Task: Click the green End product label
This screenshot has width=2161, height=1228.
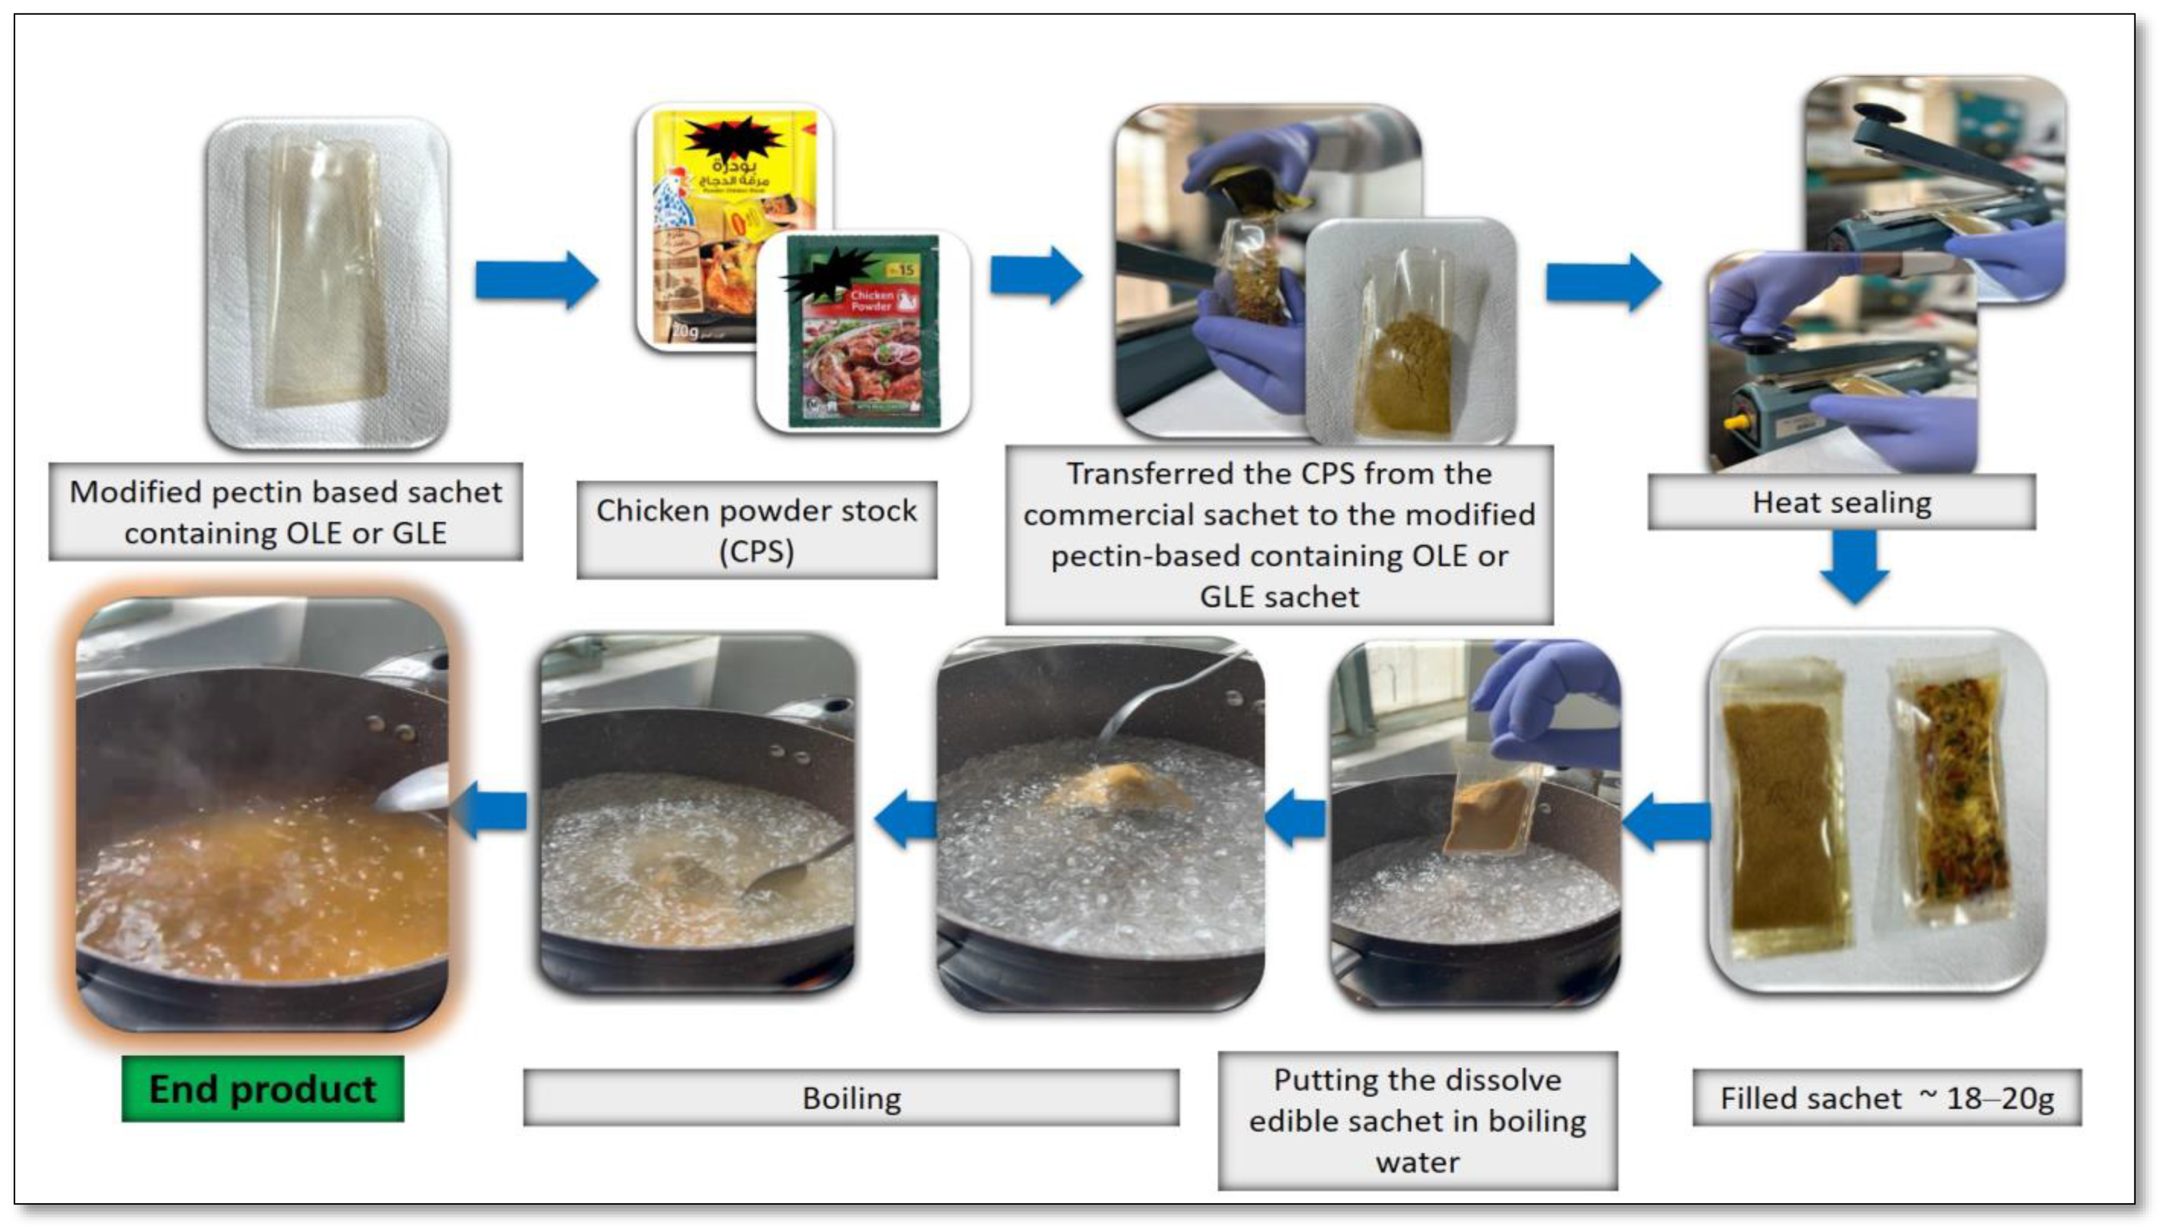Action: pos(263,1089)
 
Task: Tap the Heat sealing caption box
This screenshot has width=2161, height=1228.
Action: pos(1841,502)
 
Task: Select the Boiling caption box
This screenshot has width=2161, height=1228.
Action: pos(851,1098)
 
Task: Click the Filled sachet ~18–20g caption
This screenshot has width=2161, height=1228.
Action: pos(1887,1098)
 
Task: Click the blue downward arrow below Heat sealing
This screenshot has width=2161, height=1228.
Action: pos(1854,565)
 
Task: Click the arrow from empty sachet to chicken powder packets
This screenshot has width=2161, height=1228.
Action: pos(537,280)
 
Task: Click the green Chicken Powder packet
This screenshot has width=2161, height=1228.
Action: pos(862,333)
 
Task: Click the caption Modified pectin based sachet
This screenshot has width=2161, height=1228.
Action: pos(285,492)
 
